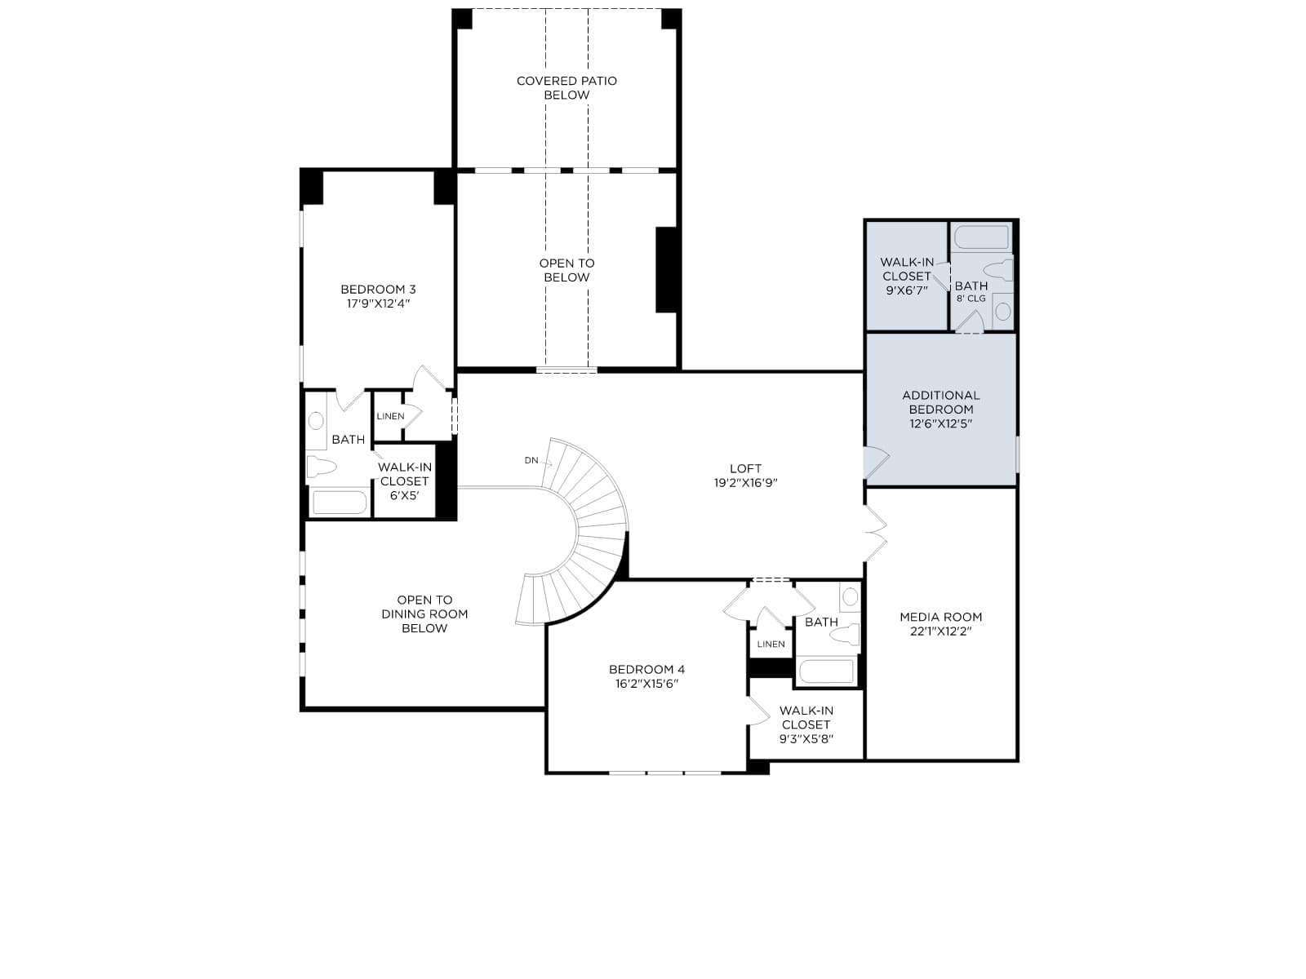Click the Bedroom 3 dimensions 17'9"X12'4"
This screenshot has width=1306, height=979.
click(x=379, y=303)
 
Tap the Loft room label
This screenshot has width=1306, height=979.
click(x=745, y=468)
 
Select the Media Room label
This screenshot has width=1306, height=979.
click(x=940, y=617)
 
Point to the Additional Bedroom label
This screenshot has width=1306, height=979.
click(x=940, y=402)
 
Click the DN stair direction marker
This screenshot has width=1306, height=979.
click(x=531, y=460)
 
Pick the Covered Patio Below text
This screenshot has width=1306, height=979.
click(x=566, y=88)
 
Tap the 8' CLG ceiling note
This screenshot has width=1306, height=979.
click(x=971, y=299)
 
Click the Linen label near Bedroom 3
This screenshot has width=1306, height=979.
click(x=390, y=416)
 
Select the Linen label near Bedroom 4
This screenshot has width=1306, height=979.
click(x=771, y=644)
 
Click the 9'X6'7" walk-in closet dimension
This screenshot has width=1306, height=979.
click(x=906, y=290)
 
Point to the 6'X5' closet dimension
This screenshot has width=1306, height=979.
click(x=405, y=496)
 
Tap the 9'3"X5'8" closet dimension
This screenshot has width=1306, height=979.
click(x=806, y=739)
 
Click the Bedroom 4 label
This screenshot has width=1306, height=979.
click(x=646, y=669)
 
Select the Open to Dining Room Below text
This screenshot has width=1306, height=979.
click(x=424, y=614)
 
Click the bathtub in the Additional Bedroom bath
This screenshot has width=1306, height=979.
click(x=982, y=238)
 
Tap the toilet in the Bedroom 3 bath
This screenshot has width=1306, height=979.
click(x=322, y=466)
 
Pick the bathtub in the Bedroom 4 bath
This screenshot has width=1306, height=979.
click(x=827, y=671)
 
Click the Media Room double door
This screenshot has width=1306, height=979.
click(x=876, y=534)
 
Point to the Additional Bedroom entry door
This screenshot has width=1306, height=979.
click(x=877, y=463)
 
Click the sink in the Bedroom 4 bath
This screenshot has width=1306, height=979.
click(x=851, y=596)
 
